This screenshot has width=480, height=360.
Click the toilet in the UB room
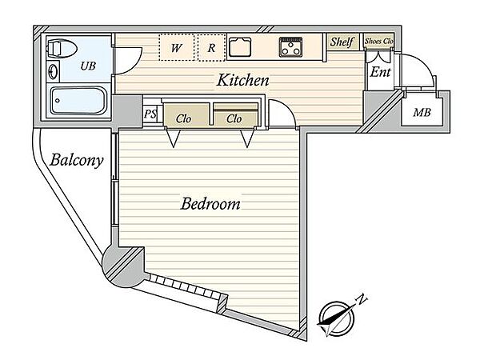[x=62, y=48]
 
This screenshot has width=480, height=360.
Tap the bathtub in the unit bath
[x=78, y=101]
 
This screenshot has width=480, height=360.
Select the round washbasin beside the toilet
[x=53, y=71]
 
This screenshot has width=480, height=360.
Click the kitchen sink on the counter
[x=240, y=47]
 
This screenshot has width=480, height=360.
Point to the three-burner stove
[x=290, y=47]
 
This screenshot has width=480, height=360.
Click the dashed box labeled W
[x=177, y=47]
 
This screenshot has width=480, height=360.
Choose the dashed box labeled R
[x=212, y=47]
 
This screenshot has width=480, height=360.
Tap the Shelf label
[x=342, y=42]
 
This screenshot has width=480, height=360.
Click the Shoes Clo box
[x=378, y=41]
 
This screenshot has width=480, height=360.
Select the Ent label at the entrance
[x=380, y=72]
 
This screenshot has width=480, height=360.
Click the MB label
[x=422, y=113]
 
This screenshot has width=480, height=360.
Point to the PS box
[x=150, y=114]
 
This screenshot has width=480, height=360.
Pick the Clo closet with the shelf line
[x=235, y=114]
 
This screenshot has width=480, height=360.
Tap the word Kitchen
[x=242, y=80]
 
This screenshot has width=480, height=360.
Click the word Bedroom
[x=210, y=203]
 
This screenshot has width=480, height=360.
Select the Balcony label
[x=77, y=160]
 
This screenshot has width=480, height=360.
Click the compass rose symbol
[x=336, y=318]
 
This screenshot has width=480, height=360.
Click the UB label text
[x=88, y=66]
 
